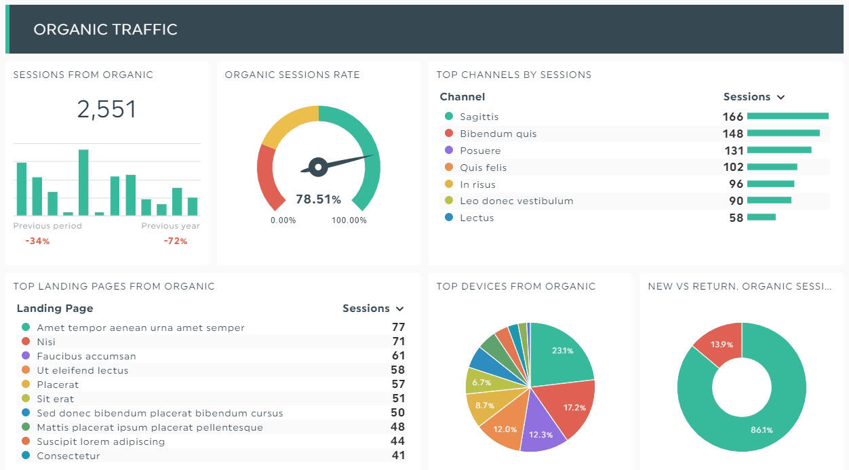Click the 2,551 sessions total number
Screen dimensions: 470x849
(106, 109)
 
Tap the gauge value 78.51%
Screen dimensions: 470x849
(318, 199)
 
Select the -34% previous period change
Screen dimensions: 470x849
(37, 241)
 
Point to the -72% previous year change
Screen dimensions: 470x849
(175, 241)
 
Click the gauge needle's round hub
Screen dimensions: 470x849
(318, 165)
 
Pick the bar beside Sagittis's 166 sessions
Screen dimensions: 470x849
(787, 117)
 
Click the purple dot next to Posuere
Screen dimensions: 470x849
(448, 151)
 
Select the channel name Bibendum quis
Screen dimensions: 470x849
(498, 134)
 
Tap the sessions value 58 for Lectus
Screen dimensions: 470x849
(736, 218)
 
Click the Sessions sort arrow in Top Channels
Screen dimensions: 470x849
(781, 97)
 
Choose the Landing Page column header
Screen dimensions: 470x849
(54, 309)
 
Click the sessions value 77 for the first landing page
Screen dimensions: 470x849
(398, 328)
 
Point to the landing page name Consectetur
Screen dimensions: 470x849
(68, 456)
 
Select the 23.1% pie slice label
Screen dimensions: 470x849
(562, 351)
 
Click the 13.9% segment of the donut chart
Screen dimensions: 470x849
(721, 344)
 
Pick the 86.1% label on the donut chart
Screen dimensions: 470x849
(761, 430)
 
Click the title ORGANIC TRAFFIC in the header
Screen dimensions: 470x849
(105, 29)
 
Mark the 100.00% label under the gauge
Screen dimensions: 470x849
(349, 220)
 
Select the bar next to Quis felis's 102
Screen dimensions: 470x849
(772, 167)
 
